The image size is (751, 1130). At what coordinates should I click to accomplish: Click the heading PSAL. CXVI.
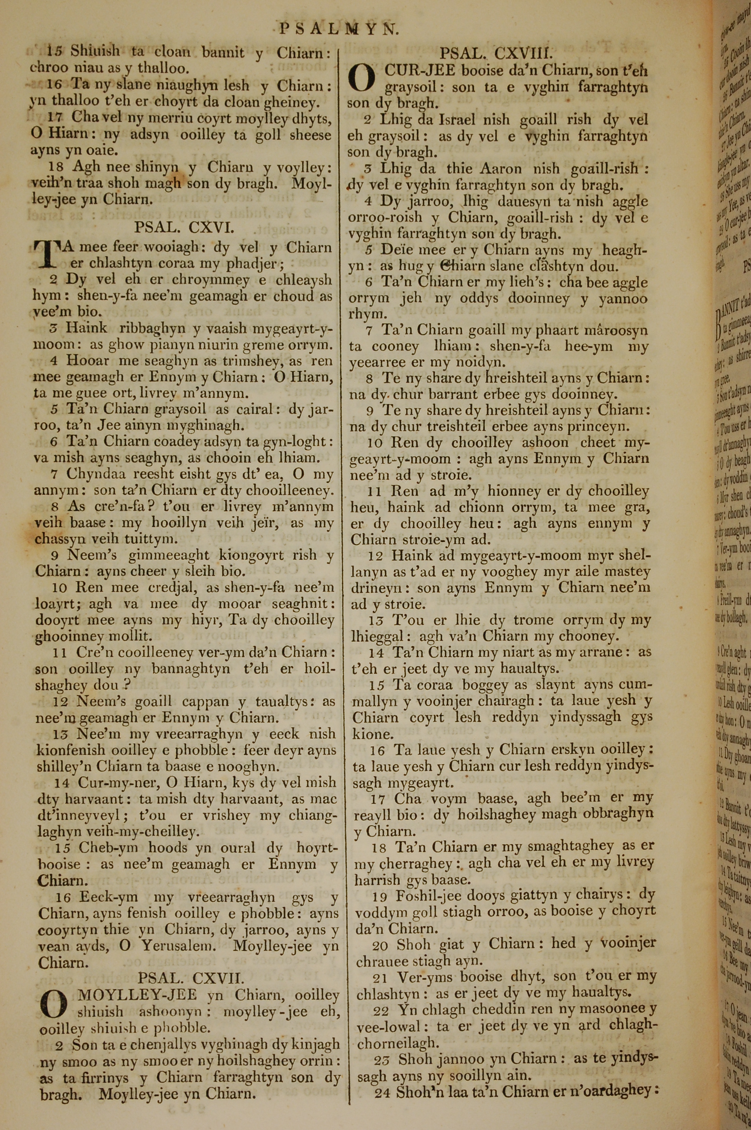tap(184, 227)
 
